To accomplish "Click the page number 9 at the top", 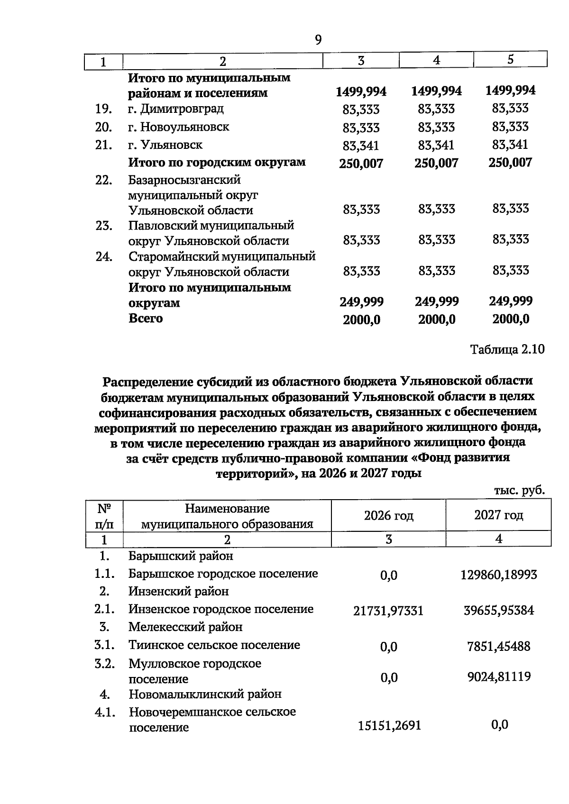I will (318, 40).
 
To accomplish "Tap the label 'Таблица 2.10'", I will (507, 349).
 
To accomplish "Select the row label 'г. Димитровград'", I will (176, 109).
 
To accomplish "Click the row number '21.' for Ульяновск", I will (103, 145).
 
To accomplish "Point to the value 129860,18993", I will (498, 575).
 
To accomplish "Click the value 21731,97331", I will (388, 611).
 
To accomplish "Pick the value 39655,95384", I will (498, 610).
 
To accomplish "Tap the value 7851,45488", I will (498, 646).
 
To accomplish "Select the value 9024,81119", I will (498, 676).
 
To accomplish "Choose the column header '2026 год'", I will (388, 515).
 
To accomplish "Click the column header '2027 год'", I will (498, 515).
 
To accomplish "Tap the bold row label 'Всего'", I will (146, 318).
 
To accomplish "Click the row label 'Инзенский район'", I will (178, 591).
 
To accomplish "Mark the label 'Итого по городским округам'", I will (217, 162).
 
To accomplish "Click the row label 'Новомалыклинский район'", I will (205, 694).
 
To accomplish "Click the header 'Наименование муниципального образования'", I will (227, 516).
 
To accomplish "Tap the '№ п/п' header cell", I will (104, 516).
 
